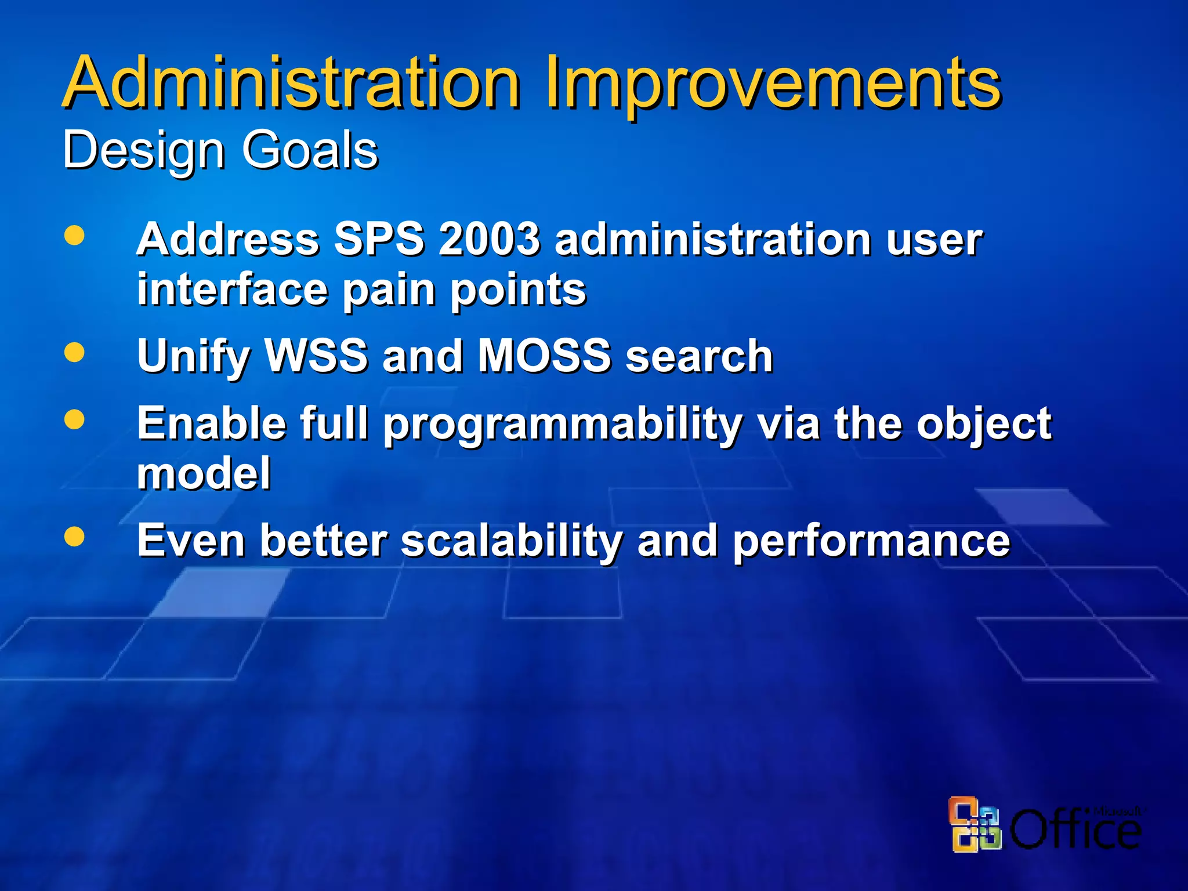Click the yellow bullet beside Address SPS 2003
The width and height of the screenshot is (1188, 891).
click(x=74, y=236)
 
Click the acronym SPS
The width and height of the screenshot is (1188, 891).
click(x=379, y=239)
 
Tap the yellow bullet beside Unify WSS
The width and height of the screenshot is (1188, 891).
click(x=74, y=352)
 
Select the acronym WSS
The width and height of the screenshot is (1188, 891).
click(x=316, y=356)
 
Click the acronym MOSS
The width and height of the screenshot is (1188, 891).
click(x=544, y=356)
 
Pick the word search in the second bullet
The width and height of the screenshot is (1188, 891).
click(x=699, y=356)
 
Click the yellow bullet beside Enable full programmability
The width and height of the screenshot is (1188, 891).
click(x=74, y=419)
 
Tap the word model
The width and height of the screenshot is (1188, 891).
click(x=204, y=473)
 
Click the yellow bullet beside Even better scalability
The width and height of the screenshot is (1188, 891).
click(x=74, y=536)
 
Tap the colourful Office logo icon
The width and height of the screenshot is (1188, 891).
click(x=974, y=824)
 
